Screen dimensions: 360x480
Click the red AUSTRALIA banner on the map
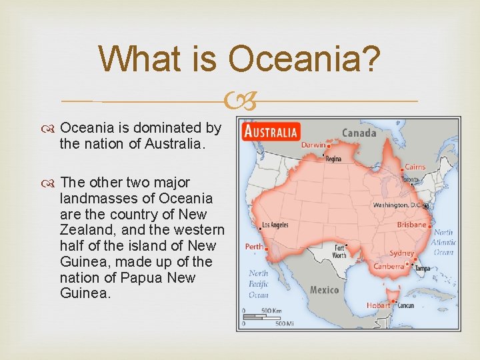pos(272,131)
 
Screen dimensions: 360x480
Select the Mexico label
pos(324,290)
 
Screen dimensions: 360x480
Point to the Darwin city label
pos(313,145)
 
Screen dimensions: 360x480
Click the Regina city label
pos(332,159)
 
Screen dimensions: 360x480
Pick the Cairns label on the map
pos(415,167)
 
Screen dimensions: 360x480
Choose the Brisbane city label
pos(411,225)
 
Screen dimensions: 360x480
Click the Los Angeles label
pos(275,225)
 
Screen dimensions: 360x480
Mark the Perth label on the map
pos(254,246)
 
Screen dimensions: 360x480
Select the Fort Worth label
pos(339,251)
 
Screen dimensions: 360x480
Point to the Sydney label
pos(401,253)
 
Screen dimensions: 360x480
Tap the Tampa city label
pos(421,268)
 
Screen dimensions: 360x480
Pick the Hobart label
pos(378,305)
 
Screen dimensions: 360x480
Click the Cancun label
pos(405,305)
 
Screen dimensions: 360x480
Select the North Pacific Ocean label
pos(259,284)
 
